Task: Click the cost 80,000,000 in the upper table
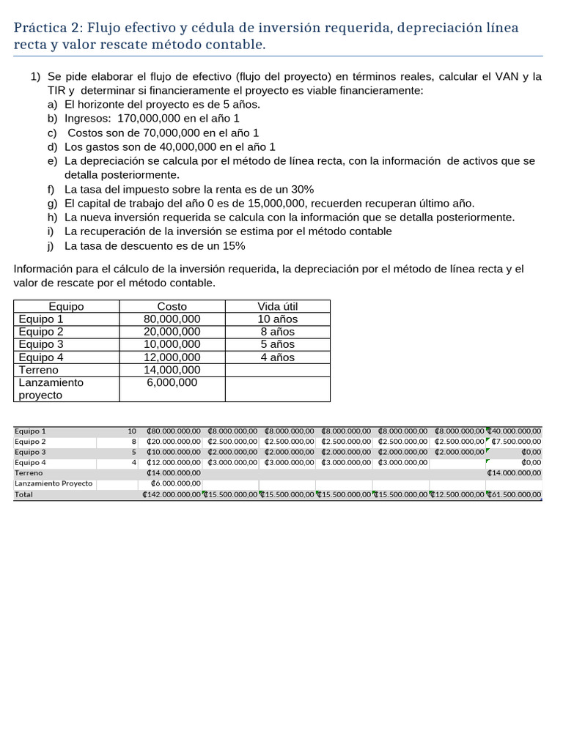(172, 319)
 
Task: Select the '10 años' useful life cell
(277, 319)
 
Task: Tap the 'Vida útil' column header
(277, 307)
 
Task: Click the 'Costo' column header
(172, 307)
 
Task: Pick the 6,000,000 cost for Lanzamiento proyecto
(172, 382)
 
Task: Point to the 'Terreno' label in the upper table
(38, 370)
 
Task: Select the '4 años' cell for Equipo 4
(277, 357)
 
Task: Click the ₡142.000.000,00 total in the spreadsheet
(172, 495)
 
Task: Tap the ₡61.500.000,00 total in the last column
(515, 495)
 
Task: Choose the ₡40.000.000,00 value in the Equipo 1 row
(515, 431)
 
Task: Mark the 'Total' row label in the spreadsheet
(24, 495)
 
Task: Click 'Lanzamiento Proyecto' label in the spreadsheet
(54, 484)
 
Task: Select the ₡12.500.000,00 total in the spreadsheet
(457, 495)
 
